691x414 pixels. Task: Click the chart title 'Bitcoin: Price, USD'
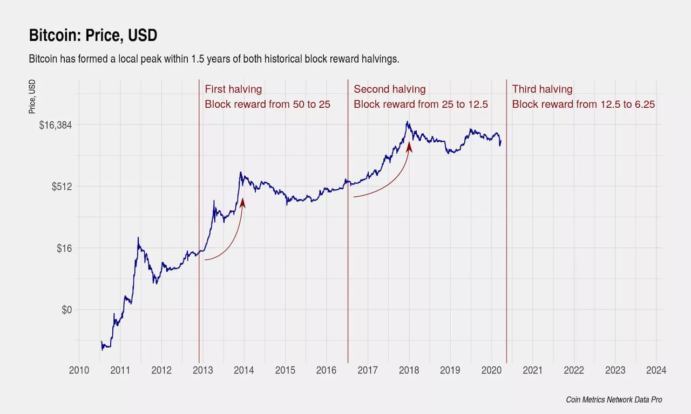pyautogui.click(x=92, y=36)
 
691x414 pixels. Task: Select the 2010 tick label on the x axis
pyautogui.click(x=79, y=370)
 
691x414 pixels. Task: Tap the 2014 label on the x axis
pyautogui.click(x=243, y=370)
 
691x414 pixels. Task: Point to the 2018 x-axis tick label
pyautogui.click(x=408, y=370)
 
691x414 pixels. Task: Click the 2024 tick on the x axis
pyautogui.click(x=656, y=370)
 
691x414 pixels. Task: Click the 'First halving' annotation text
pyautogui.click(x=233, y=89)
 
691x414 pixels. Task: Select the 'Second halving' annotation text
pyautogui.click(x=389, y=89)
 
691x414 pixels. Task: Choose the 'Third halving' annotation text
pyautogui.click(x=542, y=89)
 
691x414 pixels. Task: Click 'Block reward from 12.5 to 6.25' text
pyautogui.click(x=583, y=104)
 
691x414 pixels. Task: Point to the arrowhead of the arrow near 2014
pyautogui.click(x=242, y=202)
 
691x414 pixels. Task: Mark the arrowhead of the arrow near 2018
pyautogui.click(x=409, y=147)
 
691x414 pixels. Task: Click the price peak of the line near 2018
pyautogui.click(x=408, y=122)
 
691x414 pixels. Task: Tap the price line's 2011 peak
pyautogui.click(x=138, y=238)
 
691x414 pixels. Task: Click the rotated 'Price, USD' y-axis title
pyautogui.click(x=32, y=97)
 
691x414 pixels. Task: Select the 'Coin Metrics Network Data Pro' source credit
pyautogui.click(x=614, y=399)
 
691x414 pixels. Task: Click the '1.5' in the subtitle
pyautogui.click(x=198, y=59)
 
